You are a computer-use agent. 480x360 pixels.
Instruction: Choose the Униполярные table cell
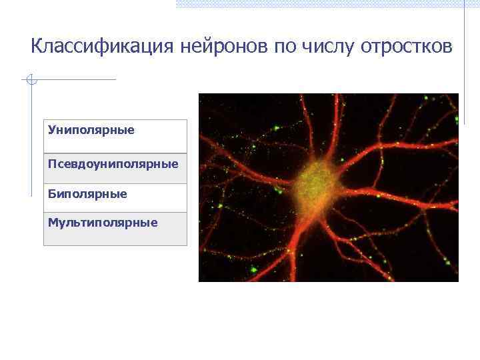(x=115, y=136)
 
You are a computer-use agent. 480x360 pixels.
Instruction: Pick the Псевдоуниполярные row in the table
(x=115, y=168)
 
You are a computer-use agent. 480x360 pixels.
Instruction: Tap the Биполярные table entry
(x=115, y=197)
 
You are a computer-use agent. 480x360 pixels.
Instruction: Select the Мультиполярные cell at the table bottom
(x=115, y=228)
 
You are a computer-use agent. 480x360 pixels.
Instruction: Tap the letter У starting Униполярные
(x=51, y=129)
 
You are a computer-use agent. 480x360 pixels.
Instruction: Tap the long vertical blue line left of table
(x=31, y=140)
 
